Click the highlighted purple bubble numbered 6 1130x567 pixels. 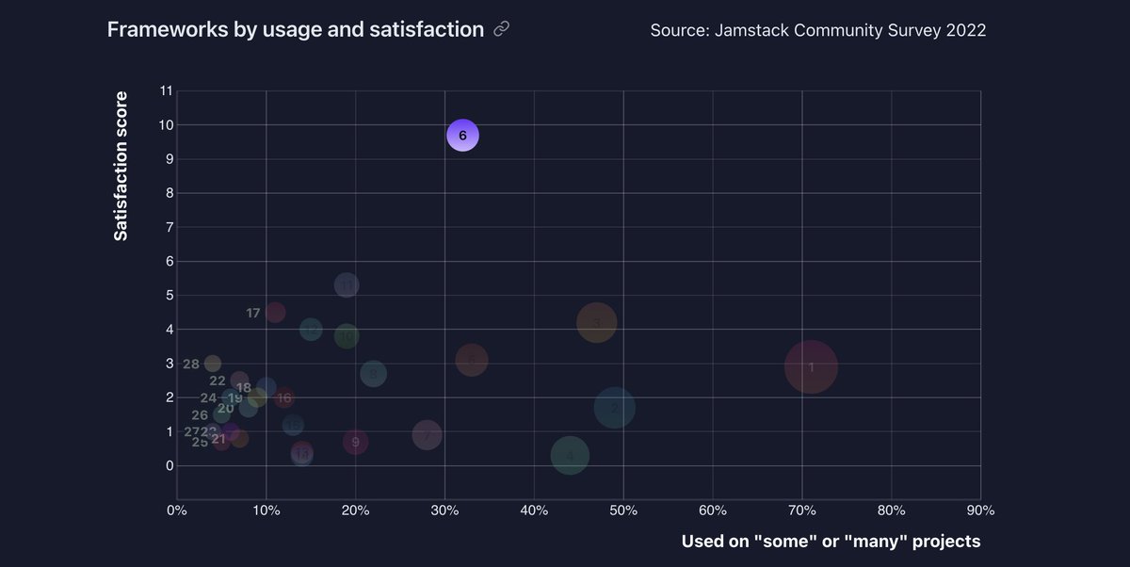coord(462,136)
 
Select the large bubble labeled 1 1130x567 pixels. coord(811,366)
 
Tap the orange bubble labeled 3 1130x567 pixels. coord(596,322)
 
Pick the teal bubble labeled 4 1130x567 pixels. coord(570,456)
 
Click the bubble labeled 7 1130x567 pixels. coord(427,434)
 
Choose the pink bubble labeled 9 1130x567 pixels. coord(355,441)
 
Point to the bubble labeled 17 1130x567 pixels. coord(275,312)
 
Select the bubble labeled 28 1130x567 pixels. coord(213,364)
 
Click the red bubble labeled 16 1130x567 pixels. coord(284,397)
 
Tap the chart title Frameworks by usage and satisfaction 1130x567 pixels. coord(295,29)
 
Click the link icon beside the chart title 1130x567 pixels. coord(502,30)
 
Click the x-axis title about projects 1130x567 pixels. coord(831,542)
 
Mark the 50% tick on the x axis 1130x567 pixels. coord(623,510)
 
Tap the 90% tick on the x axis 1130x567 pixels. coord(980,510)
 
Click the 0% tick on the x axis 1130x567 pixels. coord(176,510)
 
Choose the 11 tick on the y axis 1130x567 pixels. coord(166,90)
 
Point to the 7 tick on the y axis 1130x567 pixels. coord(166,227)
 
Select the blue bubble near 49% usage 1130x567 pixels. coord(614,408)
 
